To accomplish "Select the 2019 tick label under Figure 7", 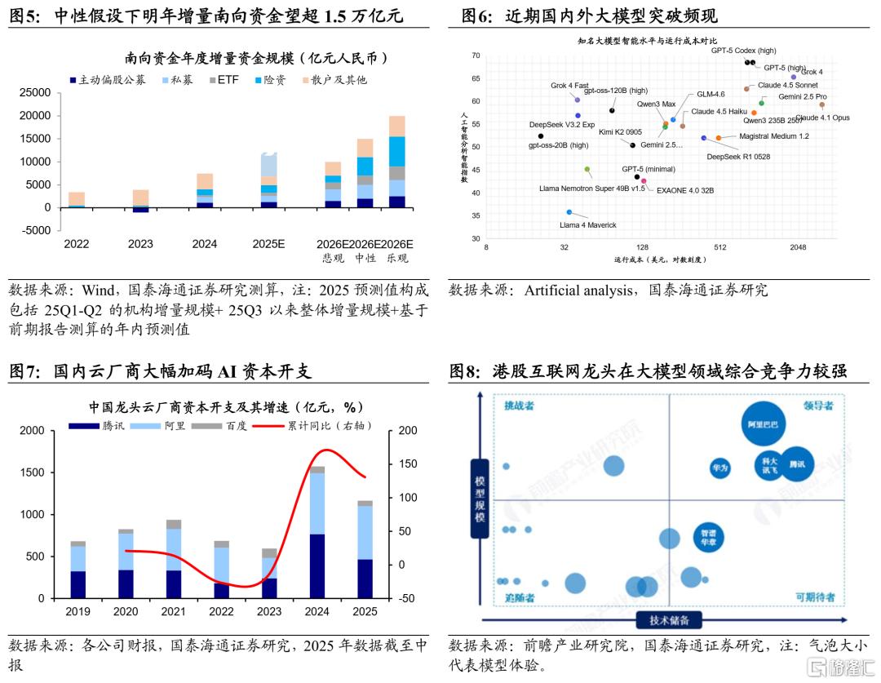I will tap(78, 611).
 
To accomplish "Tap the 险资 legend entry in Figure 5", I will tap(274, 80).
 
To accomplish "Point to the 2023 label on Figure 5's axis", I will tap(141, 243).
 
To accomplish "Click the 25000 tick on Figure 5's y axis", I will tap(34, 93).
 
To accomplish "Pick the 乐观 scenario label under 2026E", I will tap(397, 259).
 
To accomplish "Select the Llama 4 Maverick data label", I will tap(587, 224).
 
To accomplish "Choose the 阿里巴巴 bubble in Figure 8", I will tap(765, 425).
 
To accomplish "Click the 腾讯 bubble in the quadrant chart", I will tap(796, 464).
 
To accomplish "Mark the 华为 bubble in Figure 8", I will tap(720, 468).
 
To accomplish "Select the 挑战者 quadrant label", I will tap(519, 406).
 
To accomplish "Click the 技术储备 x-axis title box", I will tap(669, 620).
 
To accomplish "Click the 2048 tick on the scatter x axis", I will tap(798, 247).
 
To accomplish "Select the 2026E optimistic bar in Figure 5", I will tap(397, 162).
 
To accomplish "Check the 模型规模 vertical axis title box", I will tap(480, 498).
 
